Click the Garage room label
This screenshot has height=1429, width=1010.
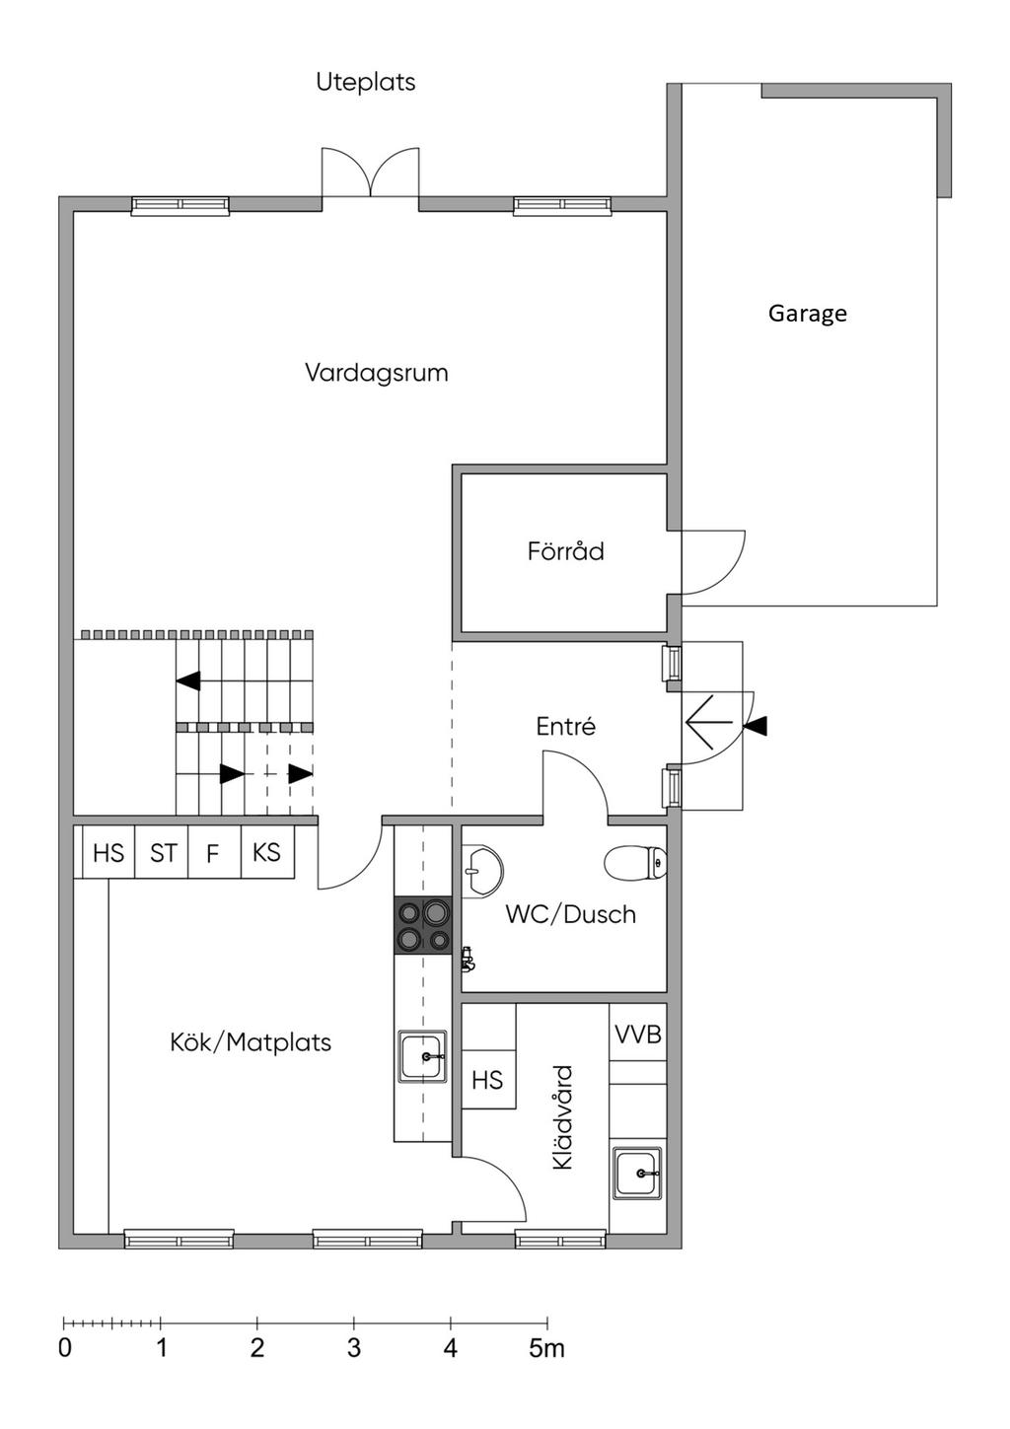(x=807, y=314)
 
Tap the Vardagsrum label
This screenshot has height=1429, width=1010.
(x=377, y=373)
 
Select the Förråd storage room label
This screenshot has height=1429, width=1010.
(x=565, y=550)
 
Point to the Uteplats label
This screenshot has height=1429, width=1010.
(x=366, y=82)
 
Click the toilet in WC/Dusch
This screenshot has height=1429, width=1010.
(x=635, y=863)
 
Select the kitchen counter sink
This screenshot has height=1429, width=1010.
(x=422, y=1056)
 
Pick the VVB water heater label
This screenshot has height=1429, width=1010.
(x=638, y=1035)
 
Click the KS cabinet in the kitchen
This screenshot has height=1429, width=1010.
(x=267, y=852)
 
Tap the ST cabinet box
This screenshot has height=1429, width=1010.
(x=162, y=852)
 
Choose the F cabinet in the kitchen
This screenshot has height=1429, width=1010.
(x=215, y=852)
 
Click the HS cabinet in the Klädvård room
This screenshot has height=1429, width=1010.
(x=488, y=1080)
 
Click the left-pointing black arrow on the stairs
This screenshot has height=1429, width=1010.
(x=188, y=681)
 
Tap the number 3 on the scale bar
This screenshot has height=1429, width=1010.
(x=354, y=1348)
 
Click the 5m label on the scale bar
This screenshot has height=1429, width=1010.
(x=546, y=1348)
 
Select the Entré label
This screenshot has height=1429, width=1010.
(x=566, y=726)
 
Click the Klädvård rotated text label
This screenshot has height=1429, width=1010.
(x=563, y=1116)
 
